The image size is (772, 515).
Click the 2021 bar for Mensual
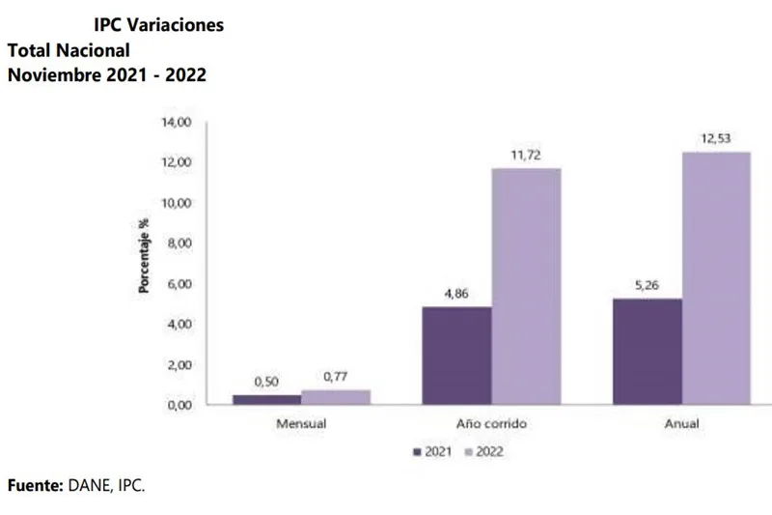[x=266, y=398]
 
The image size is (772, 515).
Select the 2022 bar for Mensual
[x=335, y=396]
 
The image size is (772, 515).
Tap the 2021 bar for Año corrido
[x=456, y=355]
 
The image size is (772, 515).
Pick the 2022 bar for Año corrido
[x=526, y=286]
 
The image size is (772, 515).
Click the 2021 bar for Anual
[x=648, y=351]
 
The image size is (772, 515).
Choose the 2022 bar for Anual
[x=716, y=277]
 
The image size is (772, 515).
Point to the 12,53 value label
[x=715, y=140]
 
